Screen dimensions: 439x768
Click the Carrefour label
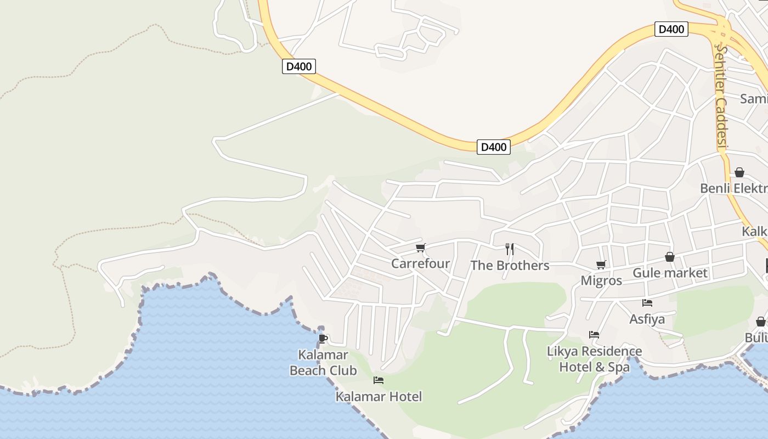[x=420, y=263]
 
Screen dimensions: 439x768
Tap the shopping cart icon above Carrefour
[x=421, y=248]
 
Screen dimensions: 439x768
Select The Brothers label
[x=510, y=266]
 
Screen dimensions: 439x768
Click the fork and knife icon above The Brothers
[x=510, y=249]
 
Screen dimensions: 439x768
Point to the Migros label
[x=601, y=281]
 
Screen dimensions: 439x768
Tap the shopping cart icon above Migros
[x=601, y=265]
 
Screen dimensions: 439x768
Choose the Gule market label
[x=670, y=273]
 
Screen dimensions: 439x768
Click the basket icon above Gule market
[x=670, y=257]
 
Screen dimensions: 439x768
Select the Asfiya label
[x=647, y=319]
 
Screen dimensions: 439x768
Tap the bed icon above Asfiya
[x=647, y=302]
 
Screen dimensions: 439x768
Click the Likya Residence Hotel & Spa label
[x=594, y=359]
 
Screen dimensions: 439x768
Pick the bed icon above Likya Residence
[x=594, y=334]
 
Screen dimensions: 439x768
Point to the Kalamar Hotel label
[x=379, y=397]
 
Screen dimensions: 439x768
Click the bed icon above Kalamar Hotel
[x=379, y=380]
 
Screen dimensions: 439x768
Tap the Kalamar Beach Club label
[x=323, y=363]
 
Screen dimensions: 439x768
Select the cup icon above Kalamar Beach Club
[x=323, y=339]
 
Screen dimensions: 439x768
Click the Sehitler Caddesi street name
[x=721, y=97]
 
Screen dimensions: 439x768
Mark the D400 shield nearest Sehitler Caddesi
[x=671, y=29]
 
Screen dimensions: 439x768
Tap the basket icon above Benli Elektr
[x=739, y=172]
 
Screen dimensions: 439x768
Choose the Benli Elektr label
[x=733, y=189]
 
